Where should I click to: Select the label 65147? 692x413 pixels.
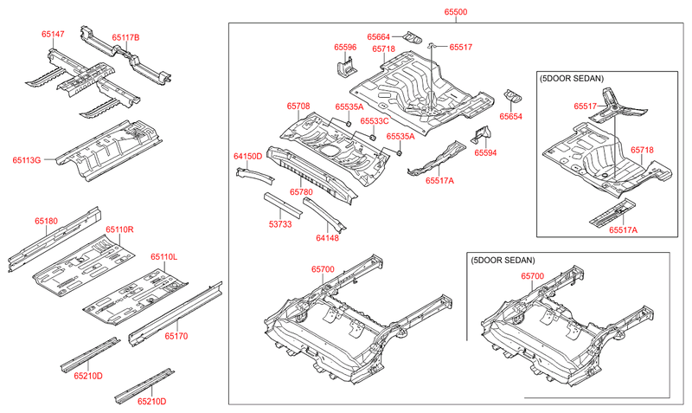click(53, 35)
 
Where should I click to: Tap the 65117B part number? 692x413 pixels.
click(125, 38)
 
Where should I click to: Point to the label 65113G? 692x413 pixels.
click(27, 159)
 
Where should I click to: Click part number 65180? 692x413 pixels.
click(47, 222)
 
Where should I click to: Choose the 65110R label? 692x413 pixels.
click(119, 229)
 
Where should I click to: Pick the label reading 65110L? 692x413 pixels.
click(163, 257)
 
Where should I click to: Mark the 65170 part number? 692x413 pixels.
click(176, 335)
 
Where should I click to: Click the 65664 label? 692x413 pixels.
click(379, 37)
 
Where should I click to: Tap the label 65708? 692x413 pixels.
click(298, 106)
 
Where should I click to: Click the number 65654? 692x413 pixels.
click(511, 115)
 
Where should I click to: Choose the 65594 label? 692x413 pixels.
click(485, 152)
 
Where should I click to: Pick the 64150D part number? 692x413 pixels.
click(247, 156)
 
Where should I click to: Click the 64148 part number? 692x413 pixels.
click(327, 237)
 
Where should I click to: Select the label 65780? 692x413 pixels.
click(301, 191)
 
